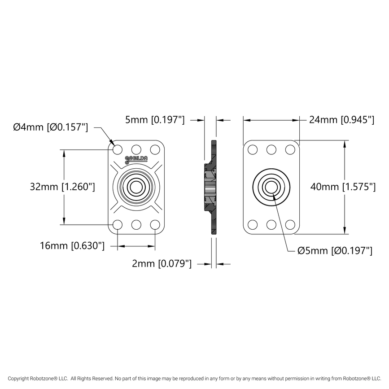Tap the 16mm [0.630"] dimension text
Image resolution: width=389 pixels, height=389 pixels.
pyautogui.click(x=72, y=246)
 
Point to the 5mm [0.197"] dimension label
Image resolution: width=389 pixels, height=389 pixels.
pyautogui.click(x=155, y=120)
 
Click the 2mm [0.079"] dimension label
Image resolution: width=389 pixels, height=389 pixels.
pyautogui.click(x=162, y=264)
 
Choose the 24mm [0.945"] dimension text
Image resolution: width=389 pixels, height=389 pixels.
pyautogui.click(x=341, y=120)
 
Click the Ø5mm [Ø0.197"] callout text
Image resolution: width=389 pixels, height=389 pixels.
pyautogui.click(x=335, y=251)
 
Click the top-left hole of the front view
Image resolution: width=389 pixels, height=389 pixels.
pyautogui.click(x=118, y=149)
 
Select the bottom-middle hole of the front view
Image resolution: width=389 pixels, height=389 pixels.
pyautogui.click(x=136, y=225)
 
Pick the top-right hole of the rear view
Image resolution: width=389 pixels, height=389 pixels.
pyautogui.click(x=290, y=149)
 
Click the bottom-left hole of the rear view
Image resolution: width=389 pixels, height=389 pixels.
pyautogui.click(x=253, y=225)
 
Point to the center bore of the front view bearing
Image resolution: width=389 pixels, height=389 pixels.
pyautogui.click(x=136, y=187)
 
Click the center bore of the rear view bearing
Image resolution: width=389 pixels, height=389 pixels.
pyautogui.click(x=271, y=187)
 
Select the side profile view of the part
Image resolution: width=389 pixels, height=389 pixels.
pyautogui.click(x=212, y=187)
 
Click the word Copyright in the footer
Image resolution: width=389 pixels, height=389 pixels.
pyautogui.click(x=21, y=379)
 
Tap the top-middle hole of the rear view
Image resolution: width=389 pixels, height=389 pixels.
pyautogui.click(x=271, y=149)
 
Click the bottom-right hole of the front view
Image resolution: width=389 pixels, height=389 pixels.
pyautogui.click(x=155, y=225)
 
